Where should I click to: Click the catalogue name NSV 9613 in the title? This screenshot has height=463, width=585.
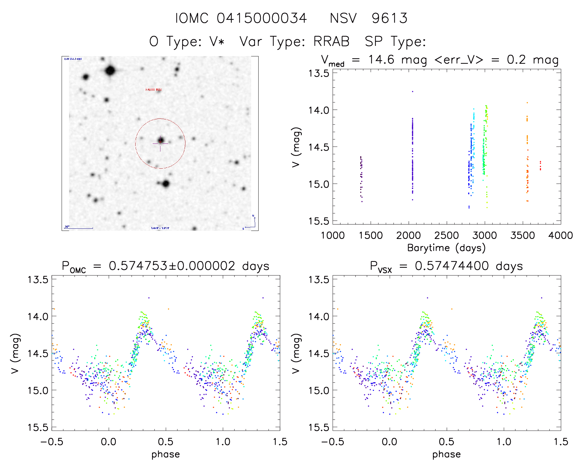click(369, 18)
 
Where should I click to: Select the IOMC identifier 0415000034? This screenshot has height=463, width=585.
click(262, 18)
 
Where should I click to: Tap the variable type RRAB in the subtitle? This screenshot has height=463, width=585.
click(331, 42)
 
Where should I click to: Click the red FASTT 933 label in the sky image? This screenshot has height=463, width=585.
click(153, 90)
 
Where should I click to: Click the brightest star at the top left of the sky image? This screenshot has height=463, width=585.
click(110, 71)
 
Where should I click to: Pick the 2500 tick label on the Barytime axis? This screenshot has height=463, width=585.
click(447, 236)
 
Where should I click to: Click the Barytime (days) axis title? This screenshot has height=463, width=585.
click(446, 248)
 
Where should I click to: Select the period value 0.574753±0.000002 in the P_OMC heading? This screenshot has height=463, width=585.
click(172, 266)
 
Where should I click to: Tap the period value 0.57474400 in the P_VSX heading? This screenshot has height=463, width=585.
click(452, 266)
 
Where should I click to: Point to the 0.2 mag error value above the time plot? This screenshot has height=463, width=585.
click(533, 60)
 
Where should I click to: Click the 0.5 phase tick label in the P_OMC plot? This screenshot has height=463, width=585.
click(166, 442)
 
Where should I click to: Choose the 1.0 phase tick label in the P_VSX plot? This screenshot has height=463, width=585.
click(504, 442)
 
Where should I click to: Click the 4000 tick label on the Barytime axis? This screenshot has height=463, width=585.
click(560, 236)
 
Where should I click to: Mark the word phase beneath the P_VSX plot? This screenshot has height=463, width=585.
click(446, 454)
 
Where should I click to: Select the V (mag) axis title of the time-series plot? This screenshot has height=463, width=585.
click(296, 147)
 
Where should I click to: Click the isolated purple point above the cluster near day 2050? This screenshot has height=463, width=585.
click(413, 91)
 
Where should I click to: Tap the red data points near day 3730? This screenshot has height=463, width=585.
click(540, 165)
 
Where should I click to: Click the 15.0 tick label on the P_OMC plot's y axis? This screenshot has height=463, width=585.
click(38, 390)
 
